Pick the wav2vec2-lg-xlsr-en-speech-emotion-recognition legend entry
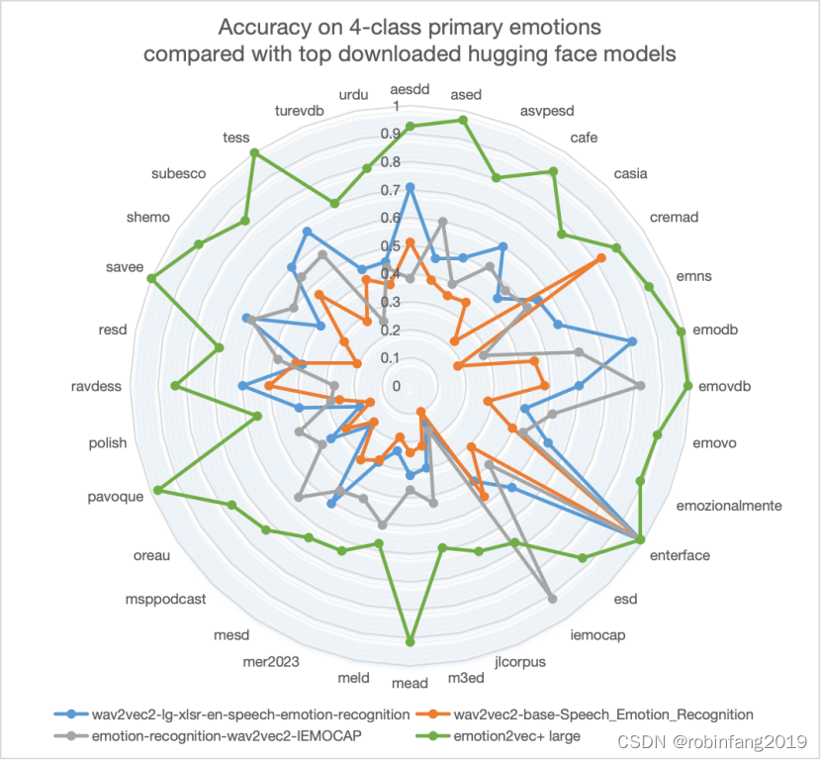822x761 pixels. (x=249, y=713)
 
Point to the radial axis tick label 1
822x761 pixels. (x=396, y=106)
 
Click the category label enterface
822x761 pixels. (x=679, y=555)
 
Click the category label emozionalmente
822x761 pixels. (x=729, y=506)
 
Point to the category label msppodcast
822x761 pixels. (x=166, y=599)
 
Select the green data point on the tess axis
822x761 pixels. (x=255, y=152)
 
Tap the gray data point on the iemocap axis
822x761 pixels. (x=552, y=599)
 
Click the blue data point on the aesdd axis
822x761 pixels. (x=411, y=186)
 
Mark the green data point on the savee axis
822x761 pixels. (x=151, y=279)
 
